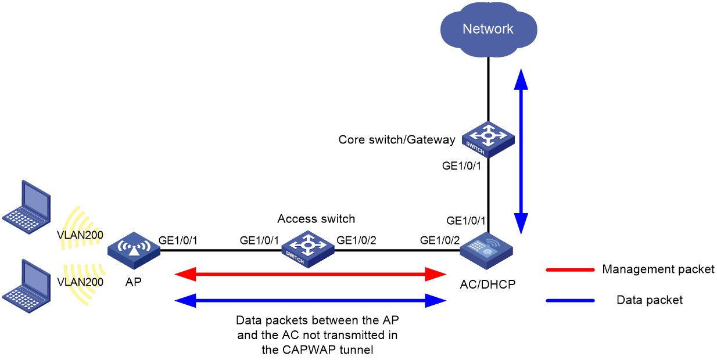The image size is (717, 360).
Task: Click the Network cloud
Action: pos(489,30)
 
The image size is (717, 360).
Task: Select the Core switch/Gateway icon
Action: pos(488,139)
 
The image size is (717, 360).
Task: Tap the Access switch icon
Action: pos(308,249)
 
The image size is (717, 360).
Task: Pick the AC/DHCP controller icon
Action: pos(486,251)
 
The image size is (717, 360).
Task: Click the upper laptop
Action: pos(26,207)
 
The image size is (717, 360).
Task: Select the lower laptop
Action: pos(26,286)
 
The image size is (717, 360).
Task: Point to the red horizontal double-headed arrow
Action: pos(310,274)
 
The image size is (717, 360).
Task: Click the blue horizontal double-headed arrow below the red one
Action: pos(310,300)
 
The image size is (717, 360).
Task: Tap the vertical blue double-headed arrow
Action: pos(521,152)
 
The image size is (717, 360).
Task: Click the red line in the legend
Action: pos(570,270)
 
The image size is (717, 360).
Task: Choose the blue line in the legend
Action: pos(570,301)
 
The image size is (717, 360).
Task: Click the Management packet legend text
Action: pos(658,269)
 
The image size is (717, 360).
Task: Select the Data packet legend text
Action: pos(650,300)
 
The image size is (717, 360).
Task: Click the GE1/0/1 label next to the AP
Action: pos(178,240)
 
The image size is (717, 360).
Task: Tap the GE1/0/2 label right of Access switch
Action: pos(356,240)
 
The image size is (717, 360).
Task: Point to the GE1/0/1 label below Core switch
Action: pos(461,165)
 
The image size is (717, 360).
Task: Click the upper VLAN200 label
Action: pos(80,235)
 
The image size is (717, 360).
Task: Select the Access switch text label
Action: pos(316,219)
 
